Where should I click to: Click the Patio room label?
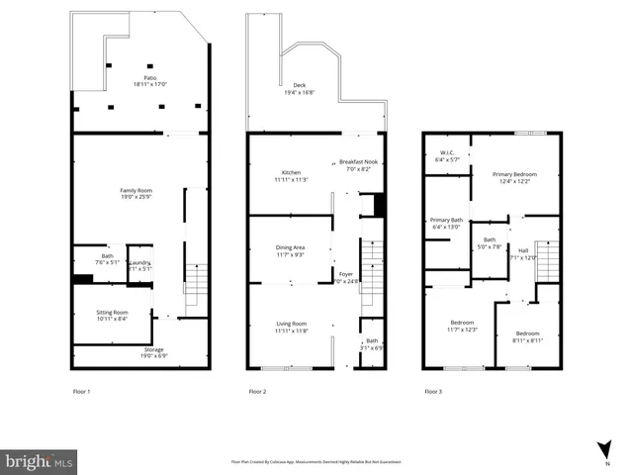138,80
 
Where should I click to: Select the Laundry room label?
140,264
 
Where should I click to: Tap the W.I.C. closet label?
447,155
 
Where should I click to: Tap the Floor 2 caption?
257,391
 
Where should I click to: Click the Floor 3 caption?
432,391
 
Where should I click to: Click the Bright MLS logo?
40,460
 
